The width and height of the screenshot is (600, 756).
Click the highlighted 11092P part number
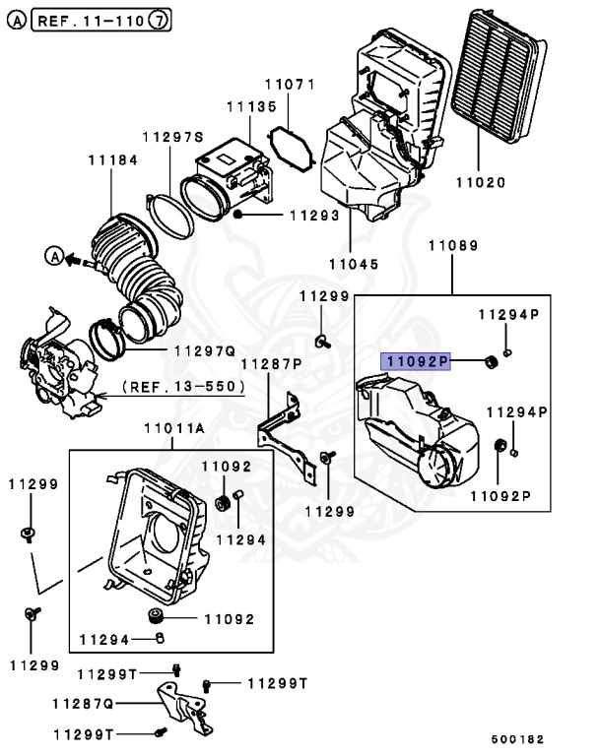pyautogui.click(x=416, y=362)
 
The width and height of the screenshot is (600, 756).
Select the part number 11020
pyautogui.click(x=480, y=182)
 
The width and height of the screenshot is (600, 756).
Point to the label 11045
pyautogui.click(x=355, y=264)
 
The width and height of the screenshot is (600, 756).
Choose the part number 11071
pyautogui.click(x=289, y=85)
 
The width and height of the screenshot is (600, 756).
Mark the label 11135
pyautogui.click(x=250, y=106)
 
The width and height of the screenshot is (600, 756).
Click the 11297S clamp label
pyautogui.click(x=172, y=137)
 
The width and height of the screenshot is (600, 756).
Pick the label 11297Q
pyautogui.click(x=204, y=349)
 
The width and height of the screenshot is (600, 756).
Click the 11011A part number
pyautogui.click(x=172, y=428)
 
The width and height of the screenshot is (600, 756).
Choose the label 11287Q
pyautogui.click(x=84, y=704)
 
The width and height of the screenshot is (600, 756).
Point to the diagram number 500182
pyautogui.click(x=518, y=738)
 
